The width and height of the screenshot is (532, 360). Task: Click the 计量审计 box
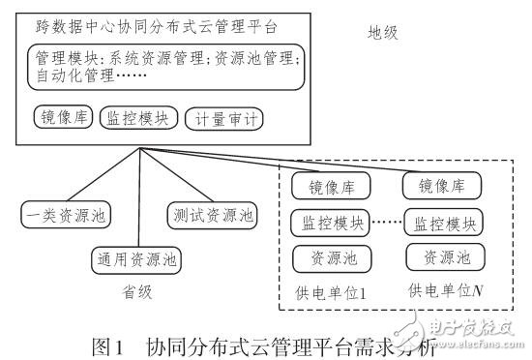[224, 119]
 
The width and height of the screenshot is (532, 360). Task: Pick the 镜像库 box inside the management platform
[61, 118]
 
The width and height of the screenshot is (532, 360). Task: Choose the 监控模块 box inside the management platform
[138, 118]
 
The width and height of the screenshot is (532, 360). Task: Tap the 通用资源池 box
[134, 258]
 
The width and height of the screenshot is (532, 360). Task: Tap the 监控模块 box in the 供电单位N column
[440, 224]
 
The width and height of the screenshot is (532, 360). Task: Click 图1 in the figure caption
[107, 343]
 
